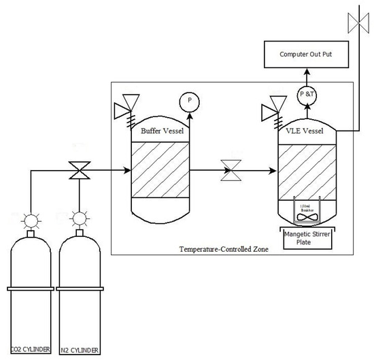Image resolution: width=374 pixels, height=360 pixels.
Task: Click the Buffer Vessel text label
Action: pyautogui.click(x=159, y=130)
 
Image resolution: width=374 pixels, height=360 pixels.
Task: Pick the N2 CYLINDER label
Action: pyautogui.click(x=81, y=350)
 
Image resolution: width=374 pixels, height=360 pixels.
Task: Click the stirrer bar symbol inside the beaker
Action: pyautogui.click(x=304, y=218)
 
